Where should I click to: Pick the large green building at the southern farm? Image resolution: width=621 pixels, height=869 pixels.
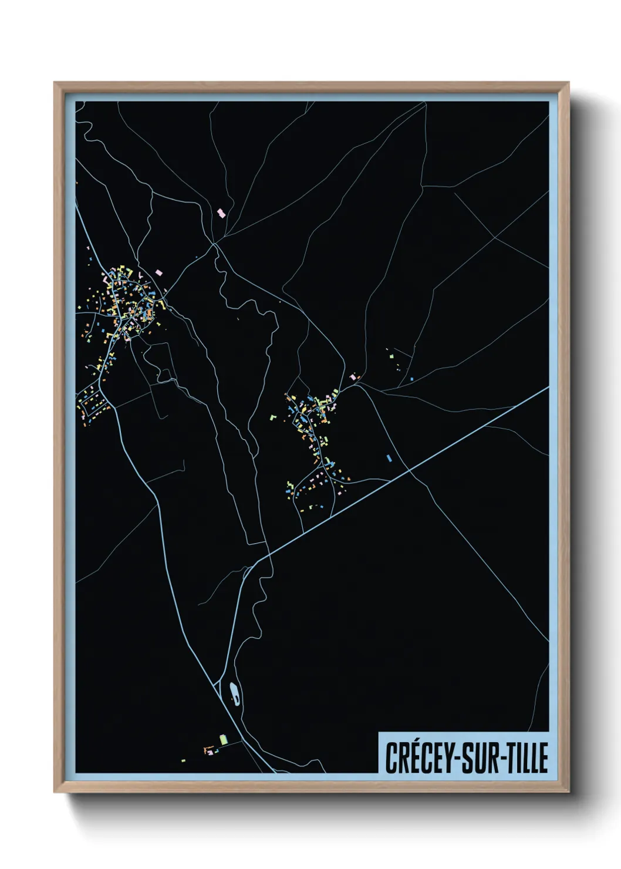tap(223, 739)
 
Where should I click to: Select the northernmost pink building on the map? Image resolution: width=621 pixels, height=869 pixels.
tap(221, 213)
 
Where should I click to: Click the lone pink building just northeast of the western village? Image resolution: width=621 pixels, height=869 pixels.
tap(158, 272)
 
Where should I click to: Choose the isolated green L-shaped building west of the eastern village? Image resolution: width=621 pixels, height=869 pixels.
tap(273, 417)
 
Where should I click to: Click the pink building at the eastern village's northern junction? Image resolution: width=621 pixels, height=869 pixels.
tap(353, 377)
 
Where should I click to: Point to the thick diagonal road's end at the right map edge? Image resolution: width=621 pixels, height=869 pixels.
tap(548, 388)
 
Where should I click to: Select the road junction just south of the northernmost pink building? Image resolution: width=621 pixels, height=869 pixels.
tap(215, 242)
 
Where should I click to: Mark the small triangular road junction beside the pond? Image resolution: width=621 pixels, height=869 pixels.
tap(221, 684)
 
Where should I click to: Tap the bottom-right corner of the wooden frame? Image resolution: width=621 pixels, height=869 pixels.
tap(569, 793)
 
